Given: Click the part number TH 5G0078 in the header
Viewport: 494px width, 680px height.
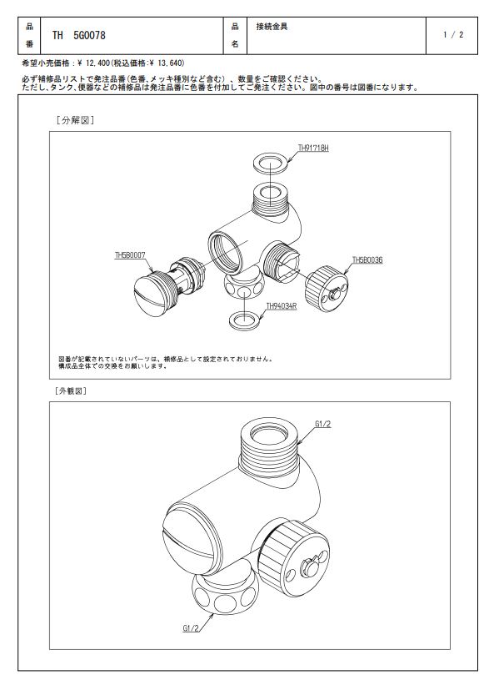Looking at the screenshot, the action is point(79,35).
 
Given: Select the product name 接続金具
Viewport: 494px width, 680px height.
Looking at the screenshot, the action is point(272,27).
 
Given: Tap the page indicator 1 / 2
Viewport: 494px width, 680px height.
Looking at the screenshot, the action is point(453,35).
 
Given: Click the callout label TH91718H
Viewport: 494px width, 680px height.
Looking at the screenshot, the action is point(313,148).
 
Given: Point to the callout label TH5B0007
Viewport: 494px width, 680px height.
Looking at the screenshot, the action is point(130,255).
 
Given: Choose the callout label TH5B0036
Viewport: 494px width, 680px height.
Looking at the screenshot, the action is point(367,259).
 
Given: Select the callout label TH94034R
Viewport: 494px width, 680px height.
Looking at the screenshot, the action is point(282,306).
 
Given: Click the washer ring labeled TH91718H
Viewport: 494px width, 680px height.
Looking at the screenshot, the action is point(271,162).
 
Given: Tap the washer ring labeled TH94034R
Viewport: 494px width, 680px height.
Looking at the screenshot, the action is point(246,320).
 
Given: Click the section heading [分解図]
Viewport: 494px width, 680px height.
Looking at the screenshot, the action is point(75,120).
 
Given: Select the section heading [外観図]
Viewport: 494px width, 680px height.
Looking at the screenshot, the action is point(71,390).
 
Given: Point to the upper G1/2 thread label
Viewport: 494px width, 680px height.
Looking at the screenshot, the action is point(323,424).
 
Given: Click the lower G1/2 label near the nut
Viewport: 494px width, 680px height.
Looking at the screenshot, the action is point(191,627).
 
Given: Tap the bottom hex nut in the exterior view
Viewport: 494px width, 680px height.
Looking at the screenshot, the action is point(225,594).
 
